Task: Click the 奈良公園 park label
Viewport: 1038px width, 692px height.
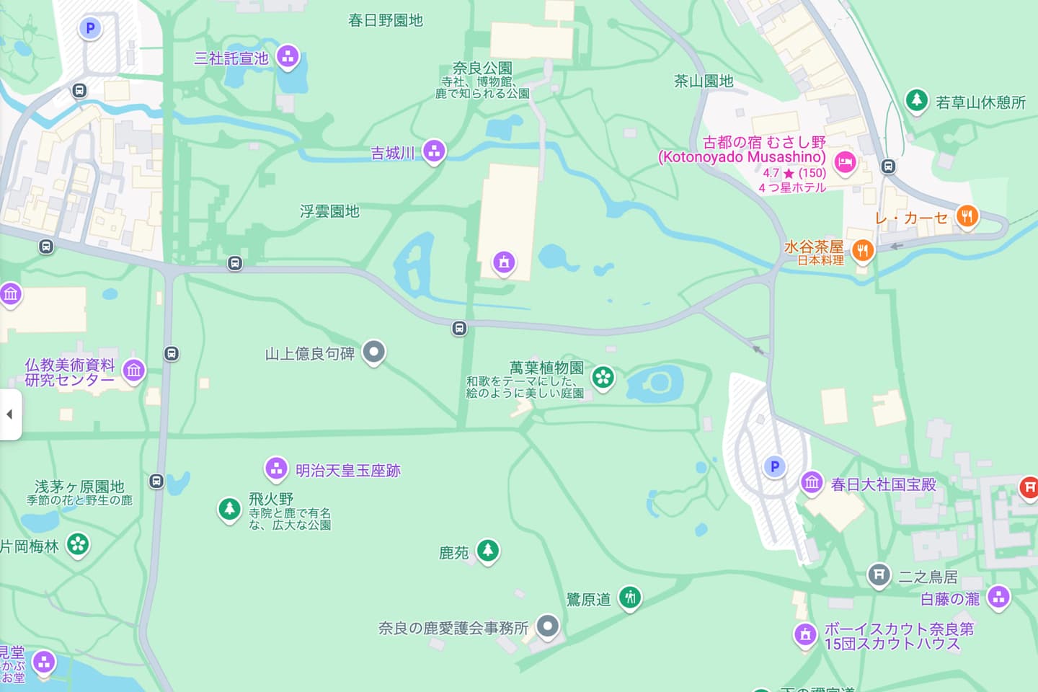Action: (x=482, y=68)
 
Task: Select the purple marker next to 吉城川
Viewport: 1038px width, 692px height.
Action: (x=433, y=151)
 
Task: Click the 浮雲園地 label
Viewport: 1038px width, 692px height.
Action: (x=329, y=211)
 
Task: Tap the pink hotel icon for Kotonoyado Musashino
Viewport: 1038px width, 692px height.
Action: (x=845, y=162)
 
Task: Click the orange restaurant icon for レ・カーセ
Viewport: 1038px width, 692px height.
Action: (x=967, y=216)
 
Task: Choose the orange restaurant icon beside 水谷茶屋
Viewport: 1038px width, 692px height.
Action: (x=862, y=250)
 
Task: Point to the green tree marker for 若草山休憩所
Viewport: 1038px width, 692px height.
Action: (x=916, y=99)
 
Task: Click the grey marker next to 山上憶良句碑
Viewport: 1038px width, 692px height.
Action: (x=373, y=352)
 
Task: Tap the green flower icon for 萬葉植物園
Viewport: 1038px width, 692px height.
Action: (x=603, y=376)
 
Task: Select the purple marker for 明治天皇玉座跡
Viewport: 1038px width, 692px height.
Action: (x=276, y=469)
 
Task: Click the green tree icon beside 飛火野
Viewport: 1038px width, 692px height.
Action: (x=229, y=508)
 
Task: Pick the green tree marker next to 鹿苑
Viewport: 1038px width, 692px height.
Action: (x=488, y=551)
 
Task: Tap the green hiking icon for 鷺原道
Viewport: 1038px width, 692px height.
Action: (x=630, y=597)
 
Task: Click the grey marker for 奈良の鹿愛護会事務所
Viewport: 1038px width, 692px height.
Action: (x=548, y=626)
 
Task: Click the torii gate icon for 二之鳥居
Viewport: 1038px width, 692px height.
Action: (x=878, y=575)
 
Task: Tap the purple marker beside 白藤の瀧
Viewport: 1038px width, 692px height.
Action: (x=998, y=596)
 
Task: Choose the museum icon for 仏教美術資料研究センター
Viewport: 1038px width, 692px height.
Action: (x=133, y=371)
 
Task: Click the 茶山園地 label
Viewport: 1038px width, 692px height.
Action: (x=704, y=81)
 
